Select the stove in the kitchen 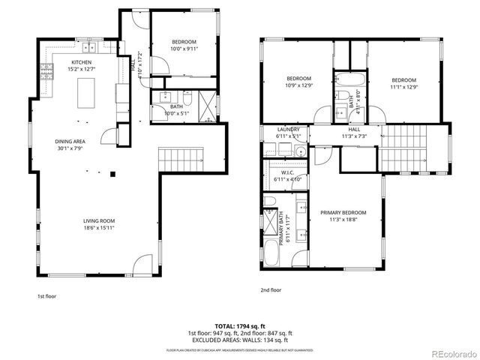(x=46, y=73)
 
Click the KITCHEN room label (x=82, y=62)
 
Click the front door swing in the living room (x=141, y=265)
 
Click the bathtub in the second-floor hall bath (x=349, y=78)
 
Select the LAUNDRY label (x=288, y=129)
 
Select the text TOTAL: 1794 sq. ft (x=239, y=325)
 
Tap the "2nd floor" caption (x=271, y=290)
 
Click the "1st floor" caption (x=47, y=296)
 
